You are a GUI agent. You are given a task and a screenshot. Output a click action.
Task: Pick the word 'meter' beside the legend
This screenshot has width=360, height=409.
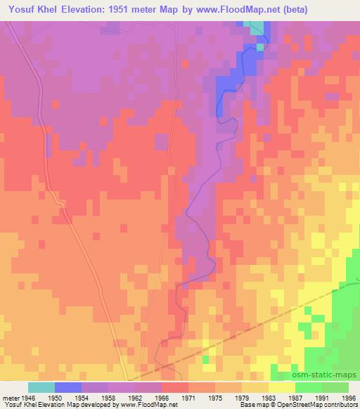[x=11, y=396]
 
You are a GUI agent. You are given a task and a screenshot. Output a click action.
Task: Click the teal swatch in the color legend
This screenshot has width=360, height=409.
[x=41, y=387]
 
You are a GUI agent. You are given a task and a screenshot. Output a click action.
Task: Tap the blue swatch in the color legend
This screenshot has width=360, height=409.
[x=67, y=387]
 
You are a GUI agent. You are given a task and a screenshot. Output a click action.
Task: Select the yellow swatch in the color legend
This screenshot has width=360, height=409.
[x=281, y=387]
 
